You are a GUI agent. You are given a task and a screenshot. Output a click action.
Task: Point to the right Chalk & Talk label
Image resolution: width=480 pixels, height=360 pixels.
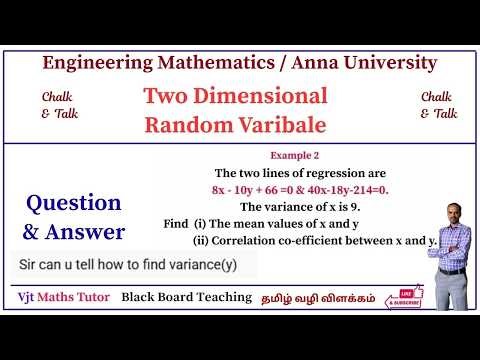click(x=439, y=105)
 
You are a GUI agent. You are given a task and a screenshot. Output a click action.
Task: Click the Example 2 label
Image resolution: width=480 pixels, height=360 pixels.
click(x=296, y=156)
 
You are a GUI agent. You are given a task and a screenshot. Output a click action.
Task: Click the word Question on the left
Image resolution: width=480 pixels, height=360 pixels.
click(x=74, y=203)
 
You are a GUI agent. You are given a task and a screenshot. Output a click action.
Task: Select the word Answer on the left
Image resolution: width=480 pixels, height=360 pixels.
click(x=87, y=232)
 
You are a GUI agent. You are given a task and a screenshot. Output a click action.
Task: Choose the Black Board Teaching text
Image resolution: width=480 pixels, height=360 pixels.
click(x=186, y=297)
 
